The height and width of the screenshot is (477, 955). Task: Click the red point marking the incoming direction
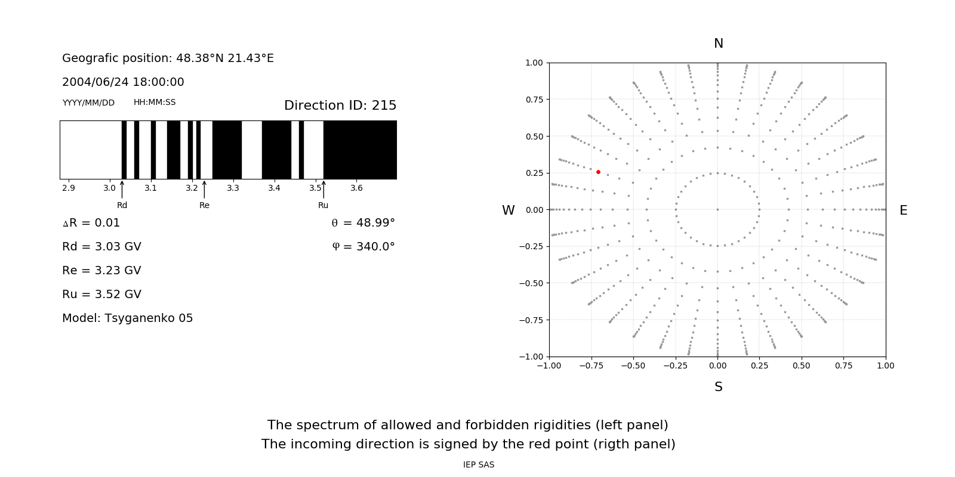[x=598, y=172]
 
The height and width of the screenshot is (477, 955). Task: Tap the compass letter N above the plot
[x=719, y=44]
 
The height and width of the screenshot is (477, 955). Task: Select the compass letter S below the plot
[x=719, y=387]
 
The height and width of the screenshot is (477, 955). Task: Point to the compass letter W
[x=508, y=210]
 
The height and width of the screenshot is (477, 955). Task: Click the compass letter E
[x=903, y=210]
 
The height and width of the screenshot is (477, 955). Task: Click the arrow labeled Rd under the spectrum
[x=122, y=190]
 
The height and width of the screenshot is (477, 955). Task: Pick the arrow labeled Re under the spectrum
[x=204, y=190]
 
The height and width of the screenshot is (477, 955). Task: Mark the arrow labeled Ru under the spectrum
[x=324, y=190]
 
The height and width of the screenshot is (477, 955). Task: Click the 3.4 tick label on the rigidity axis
[x=274, y=188]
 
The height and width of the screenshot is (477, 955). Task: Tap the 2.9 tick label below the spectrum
[x=69, y=188]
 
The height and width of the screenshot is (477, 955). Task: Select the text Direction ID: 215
[x=340, y=106]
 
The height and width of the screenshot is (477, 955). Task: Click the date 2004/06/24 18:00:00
[x=123, y=82]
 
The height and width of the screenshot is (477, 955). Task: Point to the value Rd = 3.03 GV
[x=101, y=247]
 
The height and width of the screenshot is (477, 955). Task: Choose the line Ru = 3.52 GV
[x=101, y=295]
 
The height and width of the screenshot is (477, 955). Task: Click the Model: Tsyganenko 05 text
[x=128, y=318]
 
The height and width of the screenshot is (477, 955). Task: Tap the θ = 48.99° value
[x=363, y=223]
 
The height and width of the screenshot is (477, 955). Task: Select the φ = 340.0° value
[x=363, y=247]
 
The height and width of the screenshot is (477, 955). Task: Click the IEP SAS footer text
[x=479, y=465]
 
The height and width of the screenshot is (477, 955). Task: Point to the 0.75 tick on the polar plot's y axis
[x=534, y=100]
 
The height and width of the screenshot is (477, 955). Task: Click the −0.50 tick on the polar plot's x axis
[x=633, y=366]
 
